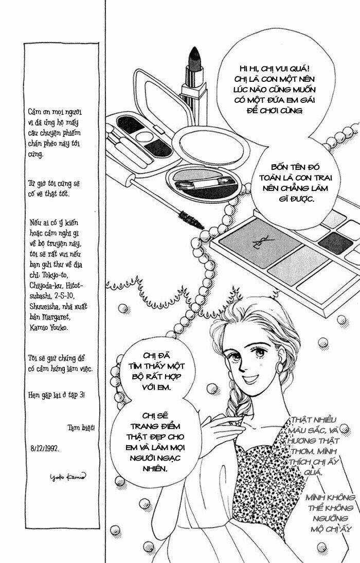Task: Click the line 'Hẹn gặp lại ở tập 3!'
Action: click(57, 395)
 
